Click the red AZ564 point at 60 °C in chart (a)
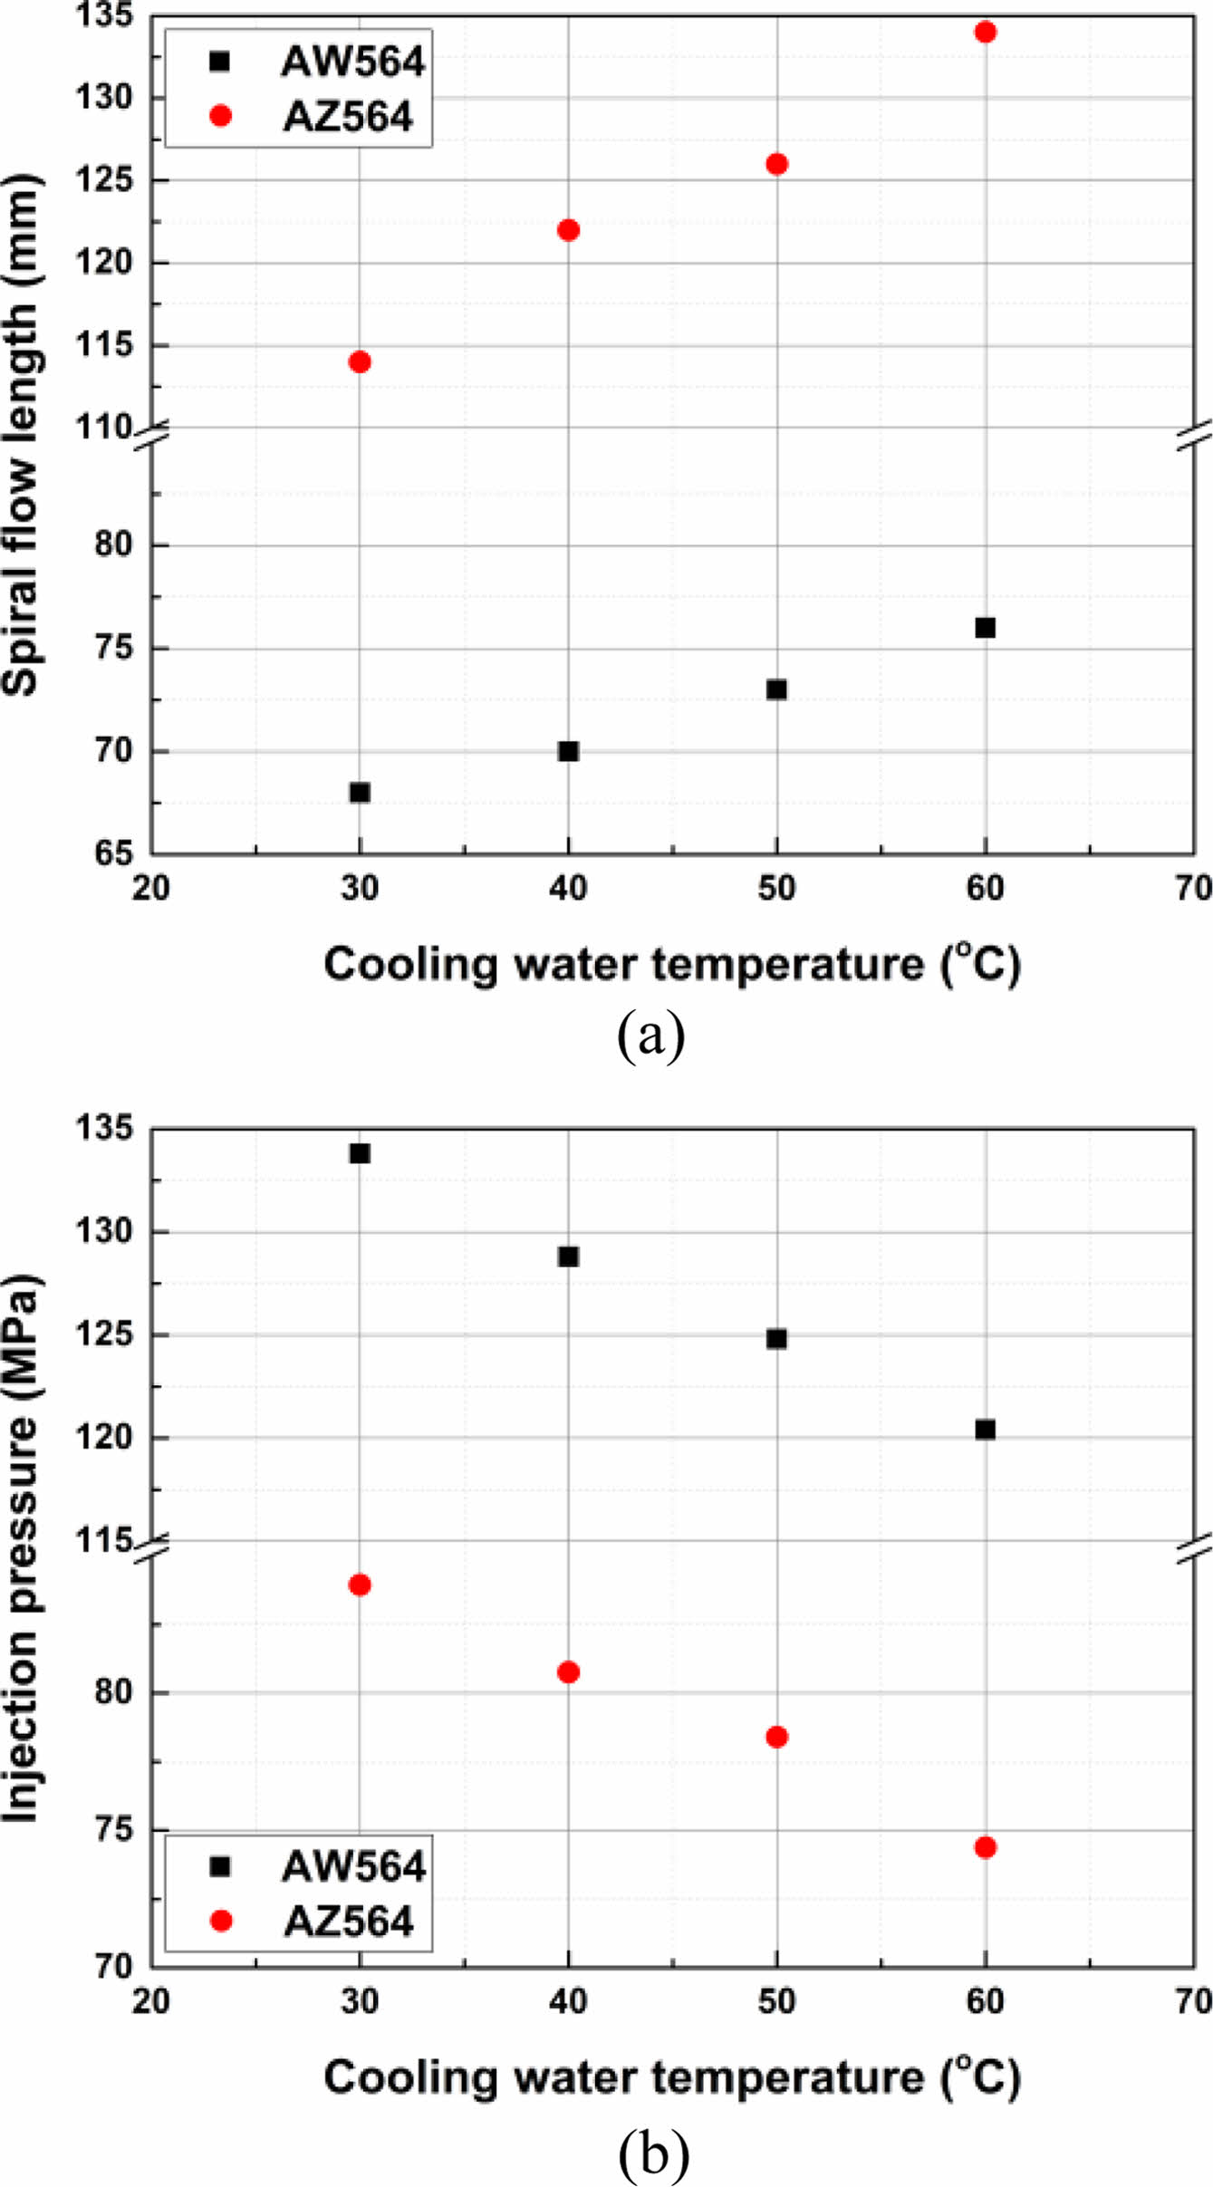click(985, 33)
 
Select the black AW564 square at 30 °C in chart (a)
click(360, 793)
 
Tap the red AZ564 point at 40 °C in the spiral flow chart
click(568, 230)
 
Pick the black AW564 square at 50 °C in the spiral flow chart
click(776, 689)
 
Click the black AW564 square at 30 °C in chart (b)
click(360, 1153)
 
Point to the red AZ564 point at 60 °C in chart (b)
click(985, 1847)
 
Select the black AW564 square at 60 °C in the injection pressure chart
click(985, 1430)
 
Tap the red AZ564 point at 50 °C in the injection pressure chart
click(776, 1737)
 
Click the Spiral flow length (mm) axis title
click(22, 435)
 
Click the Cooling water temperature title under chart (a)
click(672, 965)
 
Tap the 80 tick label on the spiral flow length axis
click(112, 545)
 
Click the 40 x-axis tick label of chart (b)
click(568, 2000)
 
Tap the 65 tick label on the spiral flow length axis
click(112, 853)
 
